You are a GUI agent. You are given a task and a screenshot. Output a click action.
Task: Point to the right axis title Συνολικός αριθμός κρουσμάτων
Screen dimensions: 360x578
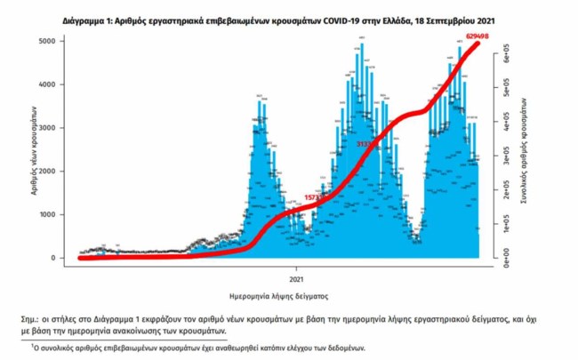point(526,151)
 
